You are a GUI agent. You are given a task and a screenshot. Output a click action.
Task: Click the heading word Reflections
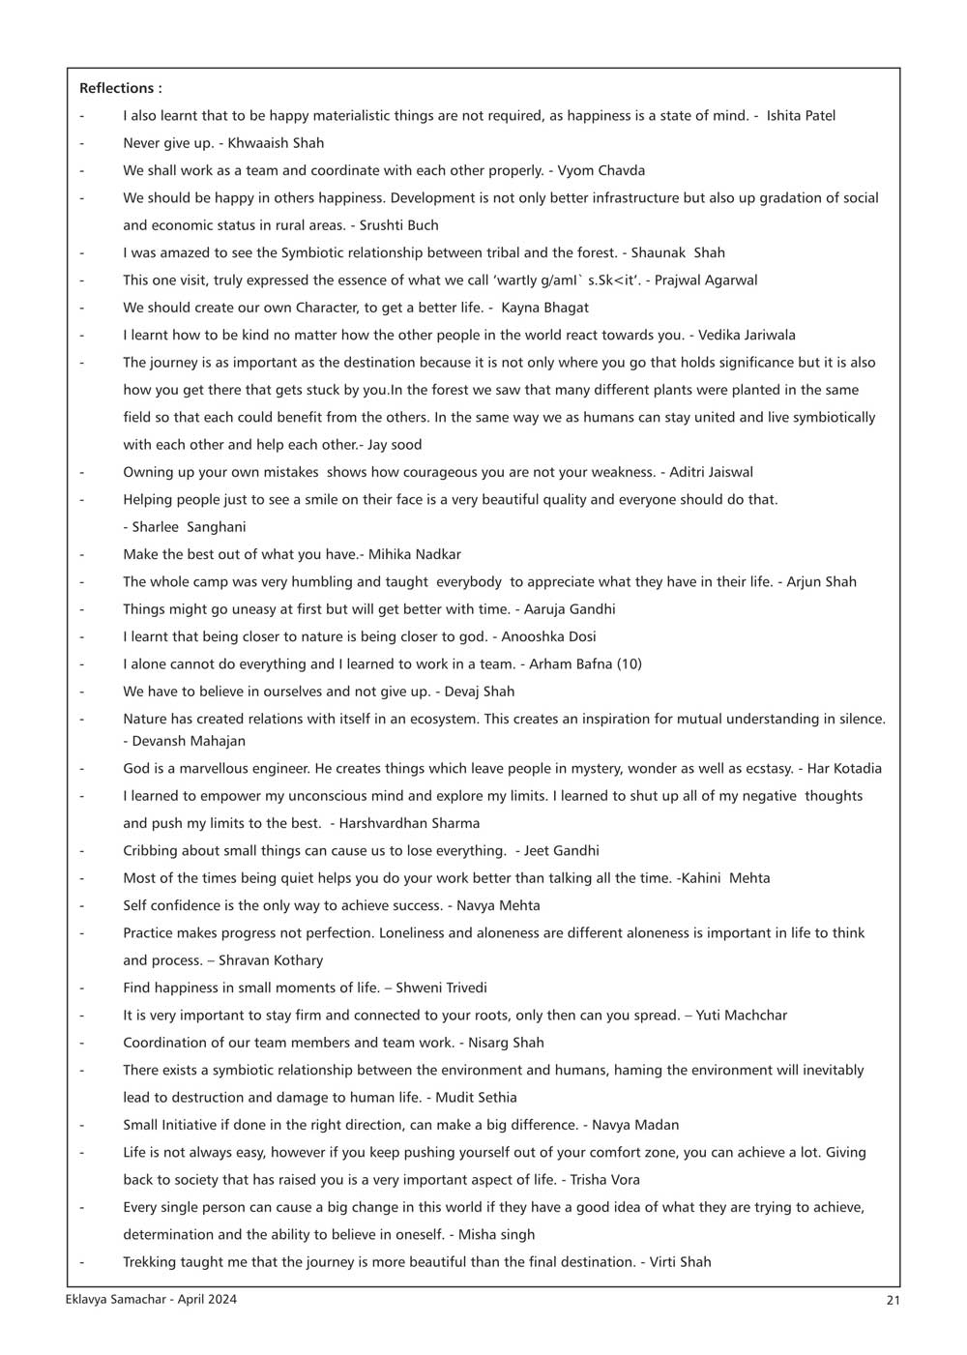tap(116, 88)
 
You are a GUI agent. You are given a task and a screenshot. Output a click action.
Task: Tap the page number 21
tap(893, 1300)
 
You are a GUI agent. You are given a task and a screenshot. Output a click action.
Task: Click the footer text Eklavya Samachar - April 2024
tap(144, 1300)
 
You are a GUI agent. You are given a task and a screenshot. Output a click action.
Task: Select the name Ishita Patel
tap(801, 115)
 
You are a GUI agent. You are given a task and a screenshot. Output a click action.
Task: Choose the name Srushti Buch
tap(399, 225)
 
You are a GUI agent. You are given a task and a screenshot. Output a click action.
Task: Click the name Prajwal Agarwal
tap(707, 280)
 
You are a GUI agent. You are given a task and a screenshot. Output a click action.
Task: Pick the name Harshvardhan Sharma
tap(409, 823)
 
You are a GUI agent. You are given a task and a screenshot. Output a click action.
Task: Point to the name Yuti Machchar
tap(742, 1016)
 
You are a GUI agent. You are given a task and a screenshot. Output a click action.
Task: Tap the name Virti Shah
tap(681, 1262)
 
